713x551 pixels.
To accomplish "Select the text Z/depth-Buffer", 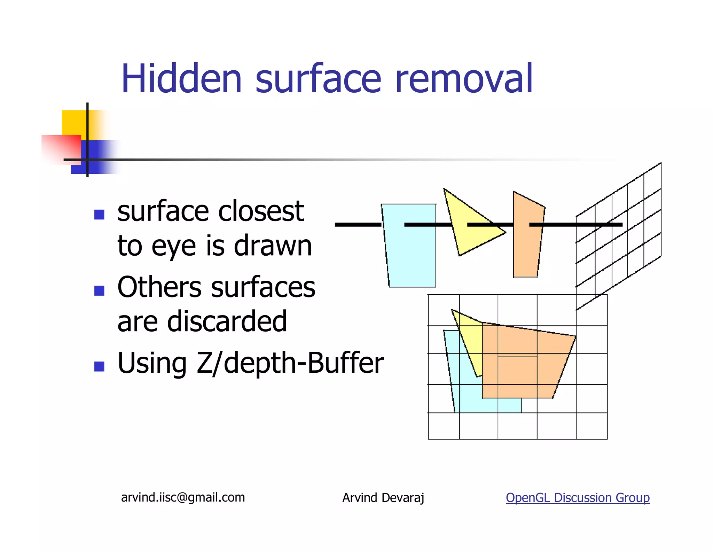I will pyautogui.click(x=290, y=363).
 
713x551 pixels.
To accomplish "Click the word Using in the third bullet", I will pyautogui.click(x=152, y=363).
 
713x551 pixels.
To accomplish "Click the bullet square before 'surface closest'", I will pyautogui.click(x=99, y=214).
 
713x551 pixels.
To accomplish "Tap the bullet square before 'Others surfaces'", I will pyautogui.click(x=99, y=290).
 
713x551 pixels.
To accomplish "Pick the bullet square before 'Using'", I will pyautogui.click(x=99, y=366).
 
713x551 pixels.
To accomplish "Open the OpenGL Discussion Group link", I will pyautogui.click(x=578, y=497).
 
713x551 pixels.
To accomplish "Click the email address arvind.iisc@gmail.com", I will pyautogui.click(x=183, y=497).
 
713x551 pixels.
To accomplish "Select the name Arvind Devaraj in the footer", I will pyautogui.click(x=383, y=497).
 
